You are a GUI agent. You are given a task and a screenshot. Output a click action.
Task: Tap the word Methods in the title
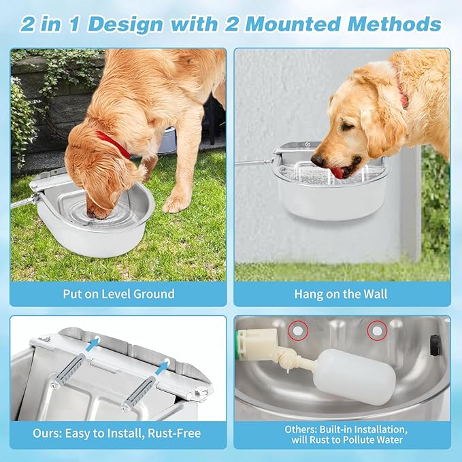point(394,24)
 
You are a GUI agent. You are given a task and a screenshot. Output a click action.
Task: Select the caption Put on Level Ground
point(118,294)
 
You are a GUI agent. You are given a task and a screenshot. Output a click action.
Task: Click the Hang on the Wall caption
point(342,294)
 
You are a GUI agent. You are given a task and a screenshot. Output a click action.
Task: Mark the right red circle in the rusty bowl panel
point(376,331)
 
